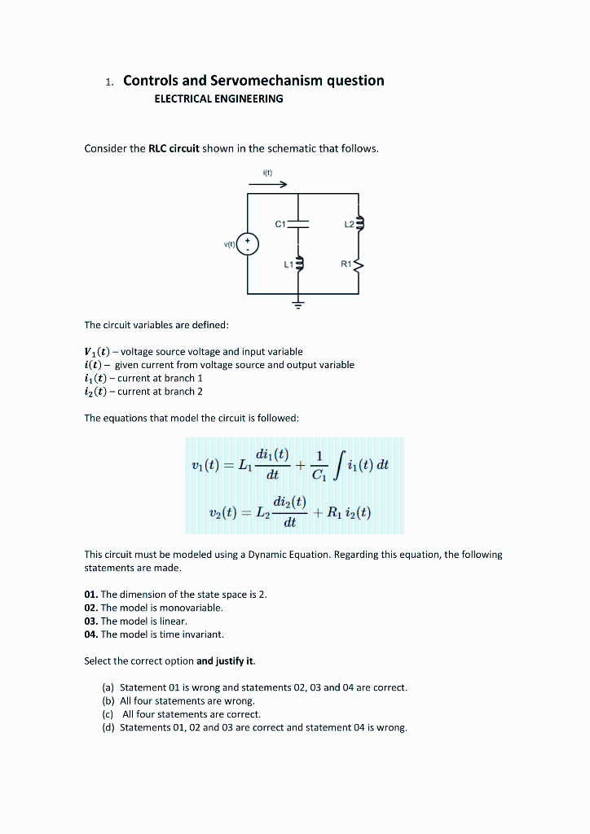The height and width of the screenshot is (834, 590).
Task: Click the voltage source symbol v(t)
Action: coord(249,244)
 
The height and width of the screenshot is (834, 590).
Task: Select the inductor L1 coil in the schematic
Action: coord(299,263)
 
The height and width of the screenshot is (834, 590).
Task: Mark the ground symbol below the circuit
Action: coord(298,305)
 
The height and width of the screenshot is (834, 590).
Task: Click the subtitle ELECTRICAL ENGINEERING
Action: coord(218,99)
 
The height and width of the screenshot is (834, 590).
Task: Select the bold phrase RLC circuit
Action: coord(174,148)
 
